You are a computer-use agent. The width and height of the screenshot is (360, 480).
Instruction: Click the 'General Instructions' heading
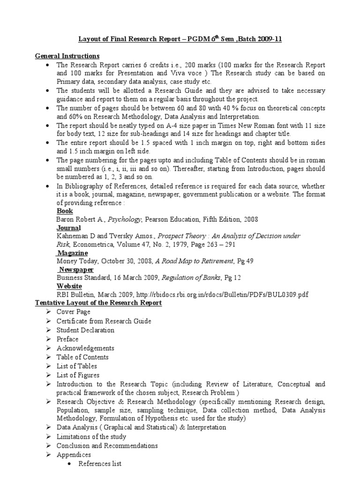(67, 56)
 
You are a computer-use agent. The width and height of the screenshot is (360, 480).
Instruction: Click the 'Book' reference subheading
(64, 211)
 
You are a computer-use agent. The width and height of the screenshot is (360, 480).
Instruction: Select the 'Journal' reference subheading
(68, 228)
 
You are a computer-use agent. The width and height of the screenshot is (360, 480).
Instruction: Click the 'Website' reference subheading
(69, 286)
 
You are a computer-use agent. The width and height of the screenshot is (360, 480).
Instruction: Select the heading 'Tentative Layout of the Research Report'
(98, 303)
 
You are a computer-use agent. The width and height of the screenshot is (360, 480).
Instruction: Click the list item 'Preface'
(67, 339)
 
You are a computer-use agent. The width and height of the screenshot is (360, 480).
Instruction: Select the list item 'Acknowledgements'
(85, 348)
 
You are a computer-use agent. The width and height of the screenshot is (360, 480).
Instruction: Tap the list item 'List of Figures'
(78, 375)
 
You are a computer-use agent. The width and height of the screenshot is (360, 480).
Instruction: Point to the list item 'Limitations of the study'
(91, 436)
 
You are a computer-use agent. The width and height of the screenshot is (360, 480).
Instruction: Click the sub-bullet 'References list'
(100, 464)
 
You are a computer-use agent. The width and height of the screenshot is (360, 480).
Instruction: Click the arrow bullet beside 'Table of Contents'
(49, 357)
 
